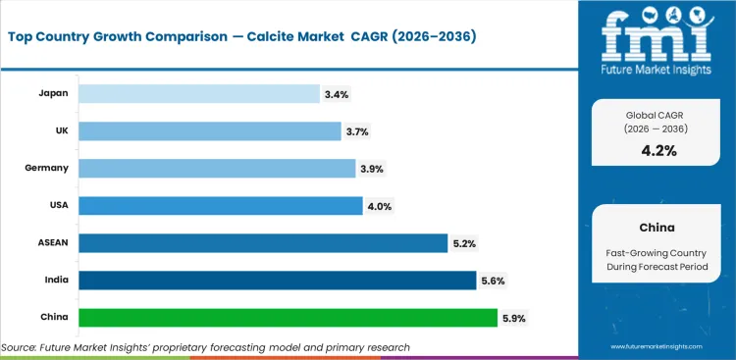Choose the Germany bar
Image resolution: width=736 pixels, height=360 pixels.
[x=217, y=169]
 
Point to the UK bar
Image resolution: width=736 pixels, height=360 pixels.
[x=212, y=131]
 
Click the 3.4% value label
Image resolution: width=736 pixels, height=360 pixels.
[x=336, y=94]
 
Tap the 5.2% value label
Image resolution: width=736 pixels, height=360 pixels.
[x=463, y=243]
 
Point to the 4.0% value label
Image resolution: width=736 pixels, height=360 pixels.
[x=379, y=206]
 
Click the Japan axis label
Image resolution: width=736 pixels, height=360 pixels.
[x=52, y=94]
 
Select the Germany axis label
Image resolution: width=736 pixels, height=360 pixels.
[x=47, y=169]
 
